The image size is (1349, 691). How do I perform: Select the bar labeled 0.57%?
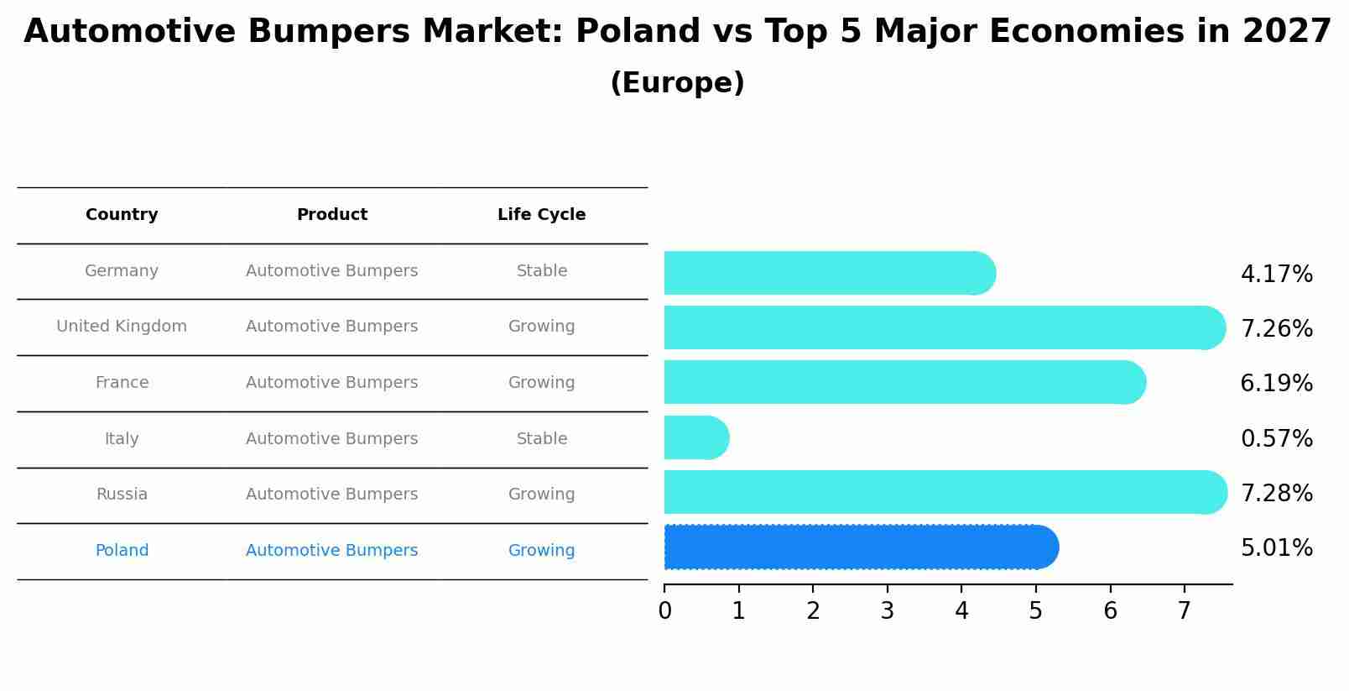tap(695, 437)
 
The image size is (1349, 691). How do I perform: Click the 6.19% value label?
tap(1276, 384)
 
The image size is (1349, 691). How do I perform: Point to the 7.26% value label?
tap(1276, 328)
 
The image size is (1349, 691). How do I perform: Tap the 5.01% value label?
tap(1276, 548)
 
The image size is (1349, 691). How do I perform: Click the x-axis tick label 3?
tap(888, 611)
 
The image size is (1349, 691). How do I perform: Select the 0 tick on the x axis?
tap(664, 611)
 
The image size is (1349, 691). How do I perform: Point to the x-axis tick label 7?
tap(1184, 611)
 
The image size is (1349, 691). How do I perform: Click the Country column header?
tap(122, 215)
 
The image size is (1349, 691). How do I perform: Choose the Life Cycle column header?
tap(541, 215)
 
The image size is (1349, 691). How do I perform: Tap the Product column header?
tap(331, 215)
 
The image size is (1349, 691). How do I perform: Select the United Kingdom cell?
tap(122, 327)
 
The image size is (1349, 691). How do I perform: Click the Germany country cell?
tap(122, 271)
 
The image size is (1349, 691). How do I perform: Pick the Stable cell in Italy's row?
tap(541, 439)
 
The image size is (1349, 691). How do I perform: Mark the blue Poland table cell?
tap(122, 551)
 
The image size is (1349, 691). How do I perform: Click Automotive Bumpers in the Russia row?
tap(331, 495)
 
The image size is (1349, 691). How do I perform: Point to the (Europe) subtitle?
tap(677, 83)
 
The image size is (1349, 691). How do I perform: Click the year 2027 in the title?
tap(1286, 32)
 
